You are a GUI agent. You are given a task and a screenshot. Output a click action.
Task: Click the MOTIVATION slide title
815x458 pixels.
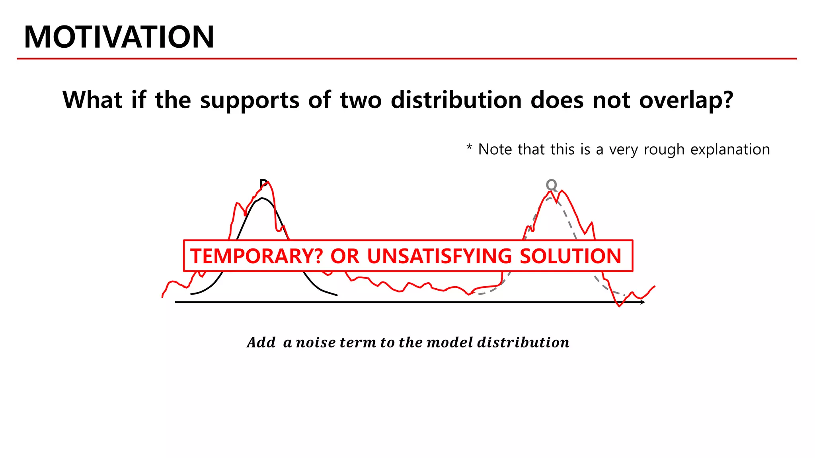click(x=119, y=37)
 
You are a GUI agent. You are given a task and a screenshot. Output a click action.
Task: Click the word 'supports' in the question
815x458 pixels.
click(x=250, y=100)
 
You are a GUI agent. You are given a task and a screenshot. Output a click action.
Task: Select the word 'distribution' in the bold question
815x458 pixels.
click(x=456, y=100)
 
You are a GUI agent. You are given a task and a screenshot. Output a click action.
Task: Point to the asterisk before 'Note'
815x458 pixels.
click(x=469, y=148)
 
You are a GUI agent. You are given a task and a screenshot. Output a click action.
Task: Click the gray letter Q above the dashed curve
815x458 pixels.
click(x=551, y=185)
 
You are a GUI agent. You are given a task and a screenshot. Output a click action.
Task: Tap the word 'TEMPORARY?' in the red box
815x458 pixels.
click(x=256, y=256)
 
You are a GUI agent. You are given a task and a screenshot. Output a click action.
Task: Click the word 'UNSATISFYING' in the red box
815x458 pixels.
click(x=439, y=256)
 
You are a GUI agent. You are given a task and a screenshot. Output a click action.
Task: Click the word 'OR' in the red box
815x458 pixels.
click(x=345, y=256)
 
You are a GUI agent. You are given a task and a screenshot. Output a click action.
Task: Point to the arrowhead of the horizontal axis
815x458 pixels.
click(x=642, y=302)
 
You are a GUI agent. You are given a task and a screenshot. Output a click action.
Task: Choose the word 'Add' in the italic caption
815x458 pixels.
click(x=261, y=342)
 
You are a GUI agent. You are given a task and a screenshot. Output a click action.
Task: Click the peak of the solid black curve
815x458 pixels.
click(x=262, y=198)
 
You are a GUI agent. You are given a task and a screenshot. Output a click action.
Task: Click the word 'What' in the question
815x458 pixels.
click(x=92, y=100)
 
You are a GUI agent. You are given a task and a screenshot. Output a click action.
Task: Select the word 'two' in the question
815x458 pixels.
click(x=361, y=100)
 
